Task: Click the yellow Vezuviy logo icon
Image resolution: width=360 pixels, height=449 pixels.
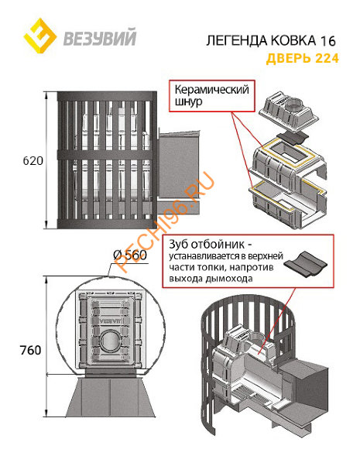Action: pos(39,35)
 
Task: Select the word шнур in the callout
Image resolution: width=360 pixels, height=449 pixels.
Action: pos(189,103)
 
